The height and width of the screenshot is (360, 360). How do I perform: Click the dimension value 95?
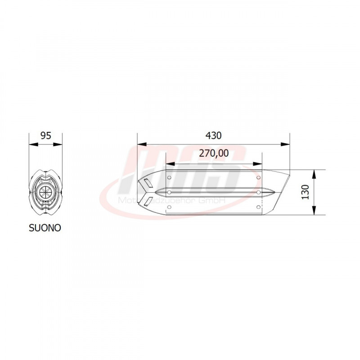click(x=45, y=135)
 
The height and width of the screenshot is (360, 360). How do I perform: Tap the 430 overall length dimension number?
click(x=214, y=135)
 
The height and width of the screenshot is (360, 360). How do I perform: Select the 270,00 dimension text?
click(x=214, y=153)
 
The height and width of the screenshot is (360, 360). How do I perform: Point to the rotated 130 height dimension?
click(x=306, y=193)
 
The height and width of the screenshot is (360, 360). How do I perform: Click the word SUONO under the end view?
click(x=45, y=228)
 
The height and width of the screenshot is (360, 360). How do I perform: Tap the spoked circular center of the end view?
click(x=45, y=192)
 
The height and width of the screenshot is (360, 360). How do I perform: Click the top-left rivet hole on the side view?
click(x=169, y=178)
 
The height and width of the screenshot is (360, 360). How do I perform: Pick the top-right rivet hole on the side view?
click(x=258, y=178)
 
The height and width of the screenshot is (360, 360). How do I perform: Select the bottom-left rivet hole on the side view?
click(x=169, y=207)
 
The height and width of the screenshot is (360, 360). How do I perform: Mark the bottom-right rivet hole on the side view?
click(x=258, y=207)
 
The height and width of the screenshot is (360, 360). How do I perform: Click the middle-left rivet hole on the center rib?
click(x=169, y=192)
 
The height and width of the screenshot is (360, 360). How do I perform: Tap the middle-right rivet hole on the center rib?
click(x=258, y=192)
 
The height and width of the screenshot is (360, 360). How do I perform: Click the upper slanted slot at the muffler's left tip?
click(x=147, y=183)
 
